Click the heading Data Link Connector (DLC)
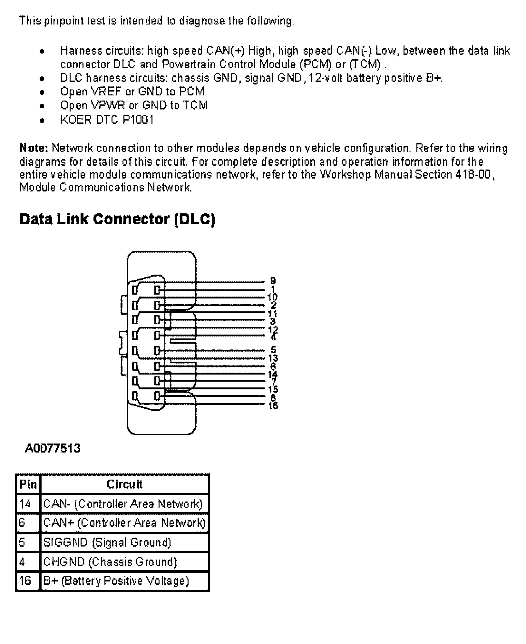coord(117,219)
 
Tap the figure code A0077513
coord(53,448)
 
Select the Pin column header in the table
coord(28,484)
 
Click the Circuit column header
coord(124,484)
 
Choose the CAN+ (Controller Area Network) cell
coord(124,522)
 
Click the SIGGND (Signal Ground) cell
coord(107,542)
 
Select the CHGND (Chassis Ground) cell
coord(110,561)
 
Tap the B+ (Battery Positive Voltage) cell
coord(116,581)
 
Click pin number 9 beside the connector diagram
coord(273,281)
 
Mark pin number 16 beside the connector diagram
coord(273,405)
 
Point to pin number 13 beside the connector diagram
coord(273,358)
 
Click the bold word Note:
coord(34,148)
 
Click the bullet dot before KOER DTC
coord(42,121)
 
